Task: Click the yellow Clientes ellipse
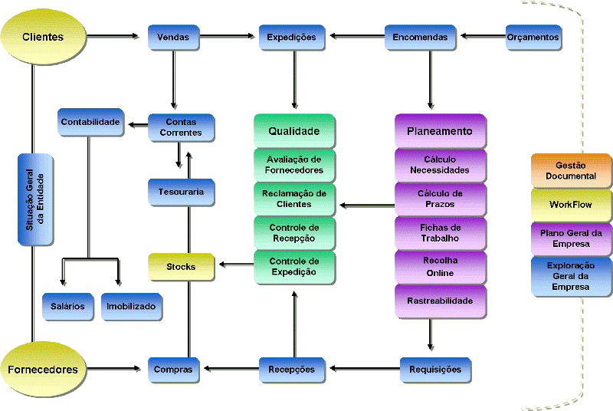[43, 37]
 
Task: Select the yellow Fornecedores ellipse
[43, 369]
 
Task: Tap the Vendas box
[173, 37]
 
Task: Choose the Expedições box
[292, 37]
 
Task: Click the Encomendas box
[421, 37]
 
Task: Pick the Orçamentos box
[533, 37]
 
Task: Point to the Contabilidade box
[91, 122]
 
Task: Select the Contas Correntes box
[182, 127]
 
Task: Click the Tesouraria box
[181, 192]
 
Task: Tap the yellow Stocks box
[181, 267]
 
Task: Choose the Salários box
[68, 307]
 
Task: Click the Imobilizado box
[131, 307]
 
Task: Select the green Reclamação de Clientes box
[294, 199]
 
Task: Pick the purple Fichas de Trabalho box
[440, 233]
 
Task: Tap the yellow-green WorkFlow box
[571, 205]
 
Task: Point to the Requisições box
[435, 370]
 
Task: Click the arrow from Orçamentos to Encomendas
[482, 36]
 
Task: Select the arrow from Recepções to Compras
[230, 370]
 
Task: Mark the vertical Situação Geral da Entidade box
[35, 199]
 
